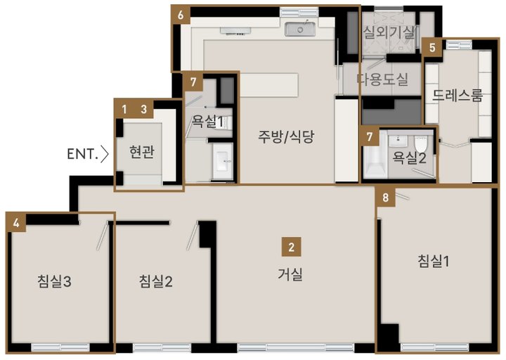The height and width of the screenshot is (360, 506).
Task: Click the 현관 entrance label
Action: tap(142, 152)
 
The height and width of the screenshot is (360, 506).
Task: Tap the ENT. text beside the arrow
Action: tap(83, 154)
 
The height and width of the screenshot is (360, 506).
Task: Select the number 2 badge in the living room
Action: tap(292, 247)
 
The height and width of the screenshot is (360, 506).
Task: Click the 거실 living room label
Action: tap(290, 274)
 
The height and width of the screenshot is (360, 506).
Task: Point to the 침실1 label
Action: tap(434, 261)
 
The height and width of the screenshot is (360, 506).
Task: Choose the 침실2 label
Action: tap(156, 281)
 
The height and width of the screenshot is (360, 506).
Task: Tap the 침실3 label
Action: tap(54, 281)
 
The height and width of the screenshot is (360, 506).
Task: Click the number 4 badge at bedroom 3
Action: tap(16, 223)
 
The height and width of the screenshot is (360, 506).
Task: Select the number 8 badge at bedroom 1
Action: tap(386, 197)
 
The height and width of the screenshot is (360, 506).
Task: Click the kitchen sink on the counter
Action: tap(300, 29)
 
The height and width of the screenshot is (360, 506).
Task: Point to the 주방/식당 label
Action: tap(286, 136)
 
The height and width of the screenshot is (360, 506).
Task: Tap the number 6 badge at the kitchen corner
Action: tap(181, 15)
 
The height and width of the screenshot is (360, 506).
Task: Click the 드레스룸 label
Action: tap(458, 96)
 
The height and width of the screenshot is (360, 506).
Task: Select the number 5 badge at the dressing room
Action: tap(432, 48)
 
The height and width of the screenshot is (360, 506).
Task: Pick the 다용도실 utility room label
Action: tap(383, 79)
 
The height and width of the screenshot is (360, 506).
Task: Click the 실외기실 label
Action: tap(389, 32)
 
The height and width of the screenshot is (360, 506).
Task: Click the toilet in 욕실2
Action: tap(421, 144)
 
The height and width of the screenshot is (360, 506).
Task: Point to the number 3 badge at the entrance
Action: tap(144, 109)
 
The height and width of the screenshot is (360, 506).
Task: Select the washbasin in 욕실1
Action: tap(223, 161)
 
